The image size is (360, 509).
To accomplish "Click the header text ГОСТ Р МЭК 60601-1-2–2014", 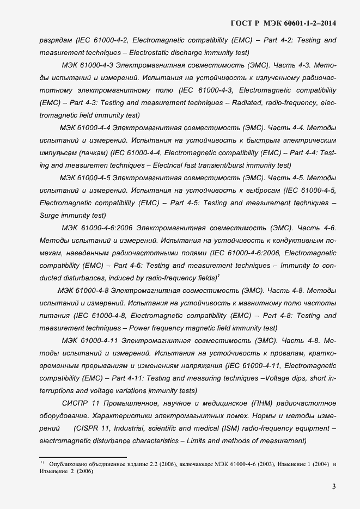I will tap(284, 23).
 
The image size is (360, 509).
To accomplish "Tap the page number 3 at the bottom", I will tap(333, 487).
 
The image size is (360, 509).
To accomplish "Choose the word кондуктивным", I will tap(295, 240).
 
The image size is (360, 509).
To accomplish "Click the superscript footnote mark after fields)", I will tap(218, 276).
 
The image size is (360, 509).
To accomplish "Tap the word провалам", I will tap(276, 353).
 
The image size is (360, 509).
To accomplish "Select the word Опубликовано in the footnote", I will tap(68, 464).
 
